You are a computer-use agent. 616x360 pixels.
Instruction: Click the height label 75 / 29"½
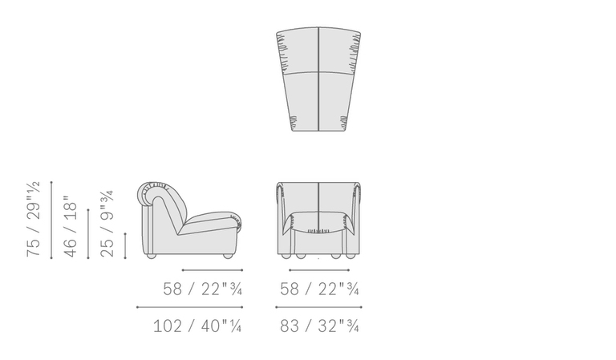pos(34,219)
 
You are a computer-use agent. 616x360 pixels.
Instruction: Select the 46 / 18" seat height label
pos(70,227)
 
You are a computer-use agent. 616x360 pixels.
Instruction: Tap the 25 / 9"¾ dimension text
pos(107,224)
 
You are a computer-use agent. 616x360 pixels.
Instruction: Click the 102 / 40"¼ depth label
pos(197,326)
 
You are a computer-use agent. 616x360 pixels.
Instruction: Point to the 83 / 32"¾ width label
pos(319,326)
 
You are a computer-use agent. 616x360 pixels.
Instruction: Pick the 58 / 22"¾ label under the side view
pos(202,289)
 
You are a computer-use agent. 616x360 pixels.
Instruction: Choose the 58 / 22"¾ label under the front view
pos(319,289)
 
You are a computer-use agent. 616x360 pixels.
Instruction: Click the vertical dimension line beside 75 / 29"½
pos(51,220)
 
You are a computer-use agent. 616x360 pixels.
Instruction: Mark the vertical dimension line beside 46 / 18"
pos(88,234)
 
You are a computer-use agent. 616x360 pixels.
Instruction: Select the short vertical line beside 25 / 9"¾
pos(125,246)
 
